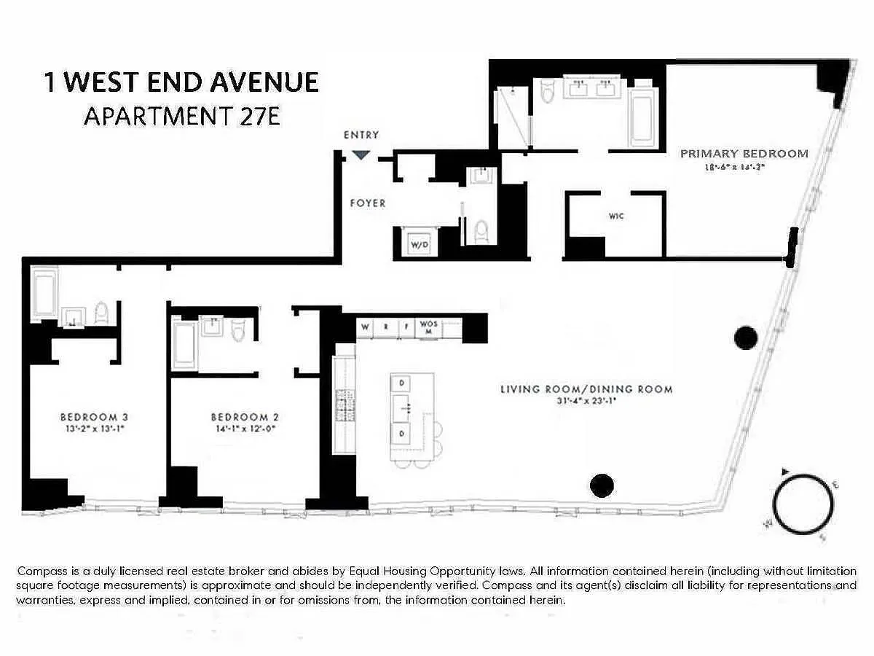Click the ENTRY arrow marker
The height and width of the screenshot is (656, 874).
(361, 155)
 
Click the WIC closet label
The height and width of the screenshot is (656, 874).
(616, 216)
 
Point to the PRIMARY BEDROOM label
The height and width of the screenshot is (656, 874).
(744, 154)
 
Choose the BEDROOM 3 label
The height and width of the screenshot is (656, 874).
(94, 417)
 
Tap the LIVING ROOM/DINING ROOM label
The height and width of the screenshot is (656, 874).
(586, 389)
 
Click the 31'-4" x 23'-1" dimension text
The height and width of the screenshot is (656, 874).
(586, 401)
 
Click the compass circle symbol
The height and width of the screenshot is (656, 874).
(803, 505)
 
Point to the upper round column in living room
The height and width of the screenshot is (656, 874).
(745, 337)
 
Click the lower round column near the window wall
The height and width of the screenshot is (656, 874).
(601, 485)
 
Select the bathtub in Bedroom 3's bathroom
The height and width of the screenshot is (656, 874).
(43, 294)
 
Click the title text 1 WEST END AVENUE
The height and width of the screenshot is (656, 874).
(181, 82)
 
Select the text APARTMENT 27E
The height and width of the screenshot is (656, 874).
(181, 117)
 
